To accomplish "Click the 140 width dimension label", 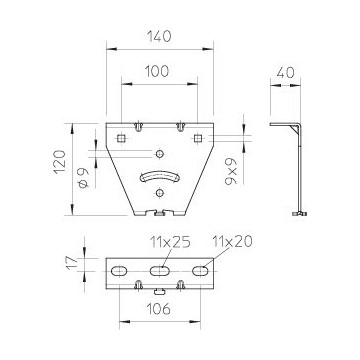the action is point(159,36).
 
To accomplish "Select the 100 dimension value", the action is point(157,71).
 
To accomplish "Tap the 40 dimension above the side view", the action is point(285,73).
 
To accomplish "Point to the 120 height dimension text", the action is point(60,162).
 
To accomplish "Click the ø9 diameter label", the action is point(83,178).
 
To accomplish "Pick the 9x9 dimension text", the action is point(231,171).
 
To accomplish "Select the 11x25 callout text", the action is point(170,242).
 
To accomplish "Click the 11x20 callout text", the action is point(232,241).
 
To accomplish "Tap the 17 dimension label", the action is point(72,263).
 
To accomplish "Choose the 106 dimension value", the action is point(158,309).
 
